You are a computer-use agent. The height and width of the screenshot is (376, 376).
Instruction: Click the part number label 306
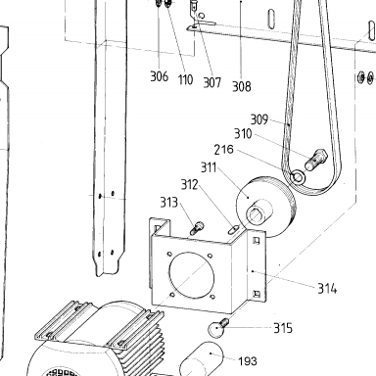pyautogui.click(x=159, y=76)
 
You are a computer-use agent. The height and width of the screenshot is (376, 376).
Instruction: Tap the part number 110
pyautogui.click(x=185, y=79)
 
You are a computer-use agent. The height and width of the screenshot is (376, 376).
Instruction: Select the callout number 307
pyautogui.click(x=212, y=82)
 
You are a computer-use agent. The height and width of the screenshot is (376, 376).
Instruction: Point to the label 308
pyautogui.click(x=242, y=86)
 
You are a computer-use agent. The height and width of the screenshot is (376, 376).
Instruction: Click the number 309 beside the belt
pyautogui.click(x=259, y=119)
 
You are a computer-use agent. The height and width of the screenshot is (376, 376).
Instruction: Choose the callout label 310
pyautogui.click(x=243, y=134)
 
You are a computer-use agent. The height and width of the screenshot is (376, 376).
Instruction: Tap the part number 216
pyautogui.click(x=224, y=150)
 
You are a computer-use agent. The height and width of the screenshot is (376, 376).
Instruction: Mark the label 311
pyautogui.click(x=209, y=167)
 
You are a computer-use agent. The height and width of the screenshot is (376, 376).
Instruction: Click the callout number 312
pyautogui.click(x=190, y=185)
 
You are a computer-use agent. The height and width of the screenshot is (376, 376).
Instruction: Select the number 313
pyautogui.click(x=169, y=203)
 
